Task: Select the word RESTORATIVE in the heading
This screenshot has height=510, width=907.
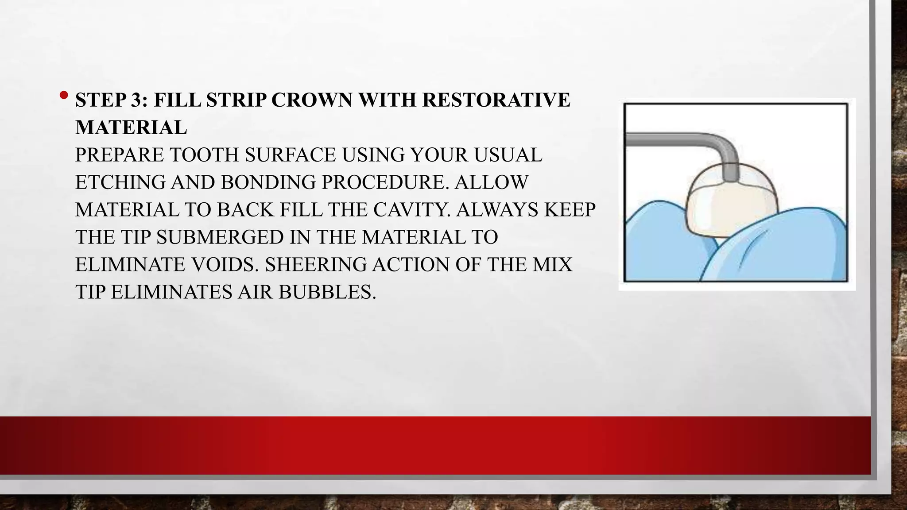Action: (x=496, y=100)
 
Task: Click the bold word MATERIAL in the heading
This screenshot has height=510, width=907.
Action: (x=131, y=128)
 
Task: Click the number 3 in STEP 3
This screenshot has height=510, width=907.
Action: (x=136, y=100)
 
